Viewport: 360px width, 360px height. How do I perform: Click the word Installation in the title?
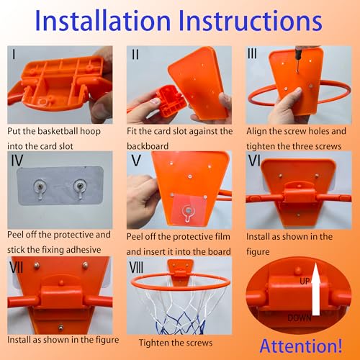[103, 21]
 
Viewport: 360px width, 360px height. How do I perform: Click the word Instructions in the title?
[250, 21]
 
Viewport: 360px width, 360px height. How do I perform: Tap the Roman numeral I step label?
[14, 54]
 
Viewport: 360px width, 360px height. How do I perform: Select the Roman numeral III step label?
[252, 53]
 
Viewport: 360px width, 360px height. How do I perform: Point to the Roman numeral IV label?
[17, 161]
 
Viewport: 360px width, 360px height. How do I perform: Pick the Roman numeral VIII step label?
[136, 267]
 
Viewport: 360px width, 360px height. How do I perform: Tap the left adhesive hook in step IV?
[40, 189]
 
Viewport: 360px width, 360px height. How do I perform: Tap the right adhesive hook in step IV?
[79, 189]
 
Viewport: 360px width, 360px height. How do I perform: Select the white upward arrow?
[316, 289]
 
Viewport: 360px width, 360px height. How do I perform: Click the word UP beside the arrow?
[305, 281]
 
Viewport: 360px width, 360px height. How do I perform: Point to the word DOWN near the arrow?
[300, 318]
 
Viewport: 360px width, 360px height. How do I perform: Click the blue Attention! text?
[301, 346]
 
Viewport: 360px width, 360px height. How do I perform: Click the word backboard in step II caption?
[148, 146]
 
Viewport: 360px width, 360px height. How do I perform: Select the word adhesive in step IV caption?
[84, 250]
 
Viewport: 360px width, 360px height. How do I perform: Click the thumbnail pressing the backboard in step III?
[298, 91]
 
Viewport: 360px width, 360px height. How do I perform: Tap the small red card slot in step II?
[170, 102]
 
